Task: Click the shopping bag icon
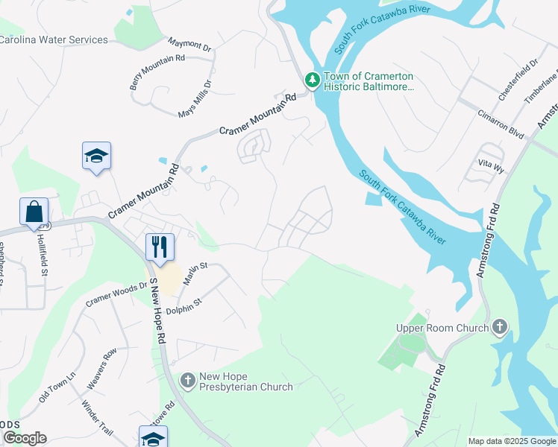(x=34, y=212)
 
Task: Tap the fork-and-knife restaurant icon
(x=160, y=247)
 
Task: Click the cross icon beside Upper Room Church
(x=500, y=327)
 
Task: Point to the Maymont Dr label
(x=190, y=45)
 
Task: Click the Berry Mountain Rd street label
(x=157, y=72)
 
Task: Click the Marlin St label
(x=196, y=267)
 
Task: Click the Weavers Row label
(x=102, y=367)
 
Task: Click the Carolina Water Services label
(x=54, y=39)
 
